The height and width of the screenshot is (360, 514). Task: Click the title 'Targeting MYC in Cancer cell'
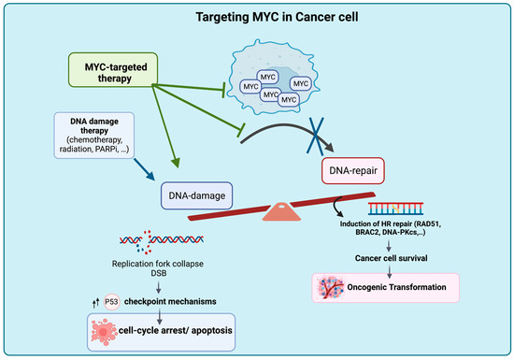[x=257, y=16]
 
